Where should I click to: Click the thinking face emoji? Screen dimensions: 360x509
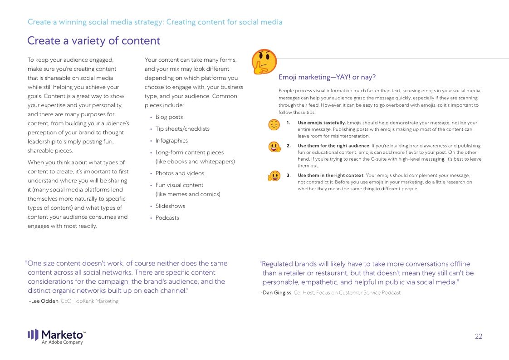(x=264, y=62)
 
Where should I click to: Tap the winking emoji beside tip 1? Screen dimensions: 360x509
(x=274, y=124)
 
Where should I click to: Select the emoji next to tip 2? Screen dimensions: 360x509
(x=274, y=147)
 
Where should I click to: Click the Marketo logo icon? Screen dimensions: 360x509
(x=33, y=335)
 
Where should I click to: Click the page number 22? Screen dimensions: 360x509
(x=479, y=336)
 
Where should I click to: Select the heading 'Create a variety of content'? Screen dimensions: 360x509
(x=93, y=41)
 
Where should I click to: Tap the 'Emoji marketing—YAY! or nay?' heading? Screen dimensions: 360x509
(x=327, y=77)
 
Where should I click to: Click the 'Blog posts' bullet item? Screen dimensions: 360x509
(x=169, y=117)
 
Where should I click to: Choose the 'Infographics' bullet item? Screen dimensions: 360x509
(x=171, y=141)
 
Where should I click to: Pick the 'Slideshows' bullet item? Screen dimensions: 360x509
(x=170, y=206)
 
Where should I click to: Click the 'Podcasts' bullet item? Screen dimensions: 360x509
(x=167, y=218)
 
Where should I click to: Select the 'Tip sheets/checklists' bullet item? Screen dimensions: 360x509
(x=182, y=129)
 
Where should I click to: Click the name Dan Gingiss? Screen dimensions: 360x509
(x=277, y=293)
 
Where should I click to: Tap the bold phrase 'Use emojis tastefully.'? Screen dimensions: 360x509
(x=322, y=123)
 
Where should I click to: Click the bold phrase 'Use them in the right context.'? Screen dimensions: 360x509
(x=331, y=175)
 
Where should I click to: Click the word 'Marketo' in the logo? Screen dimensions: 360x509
(x=63, y=334)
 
